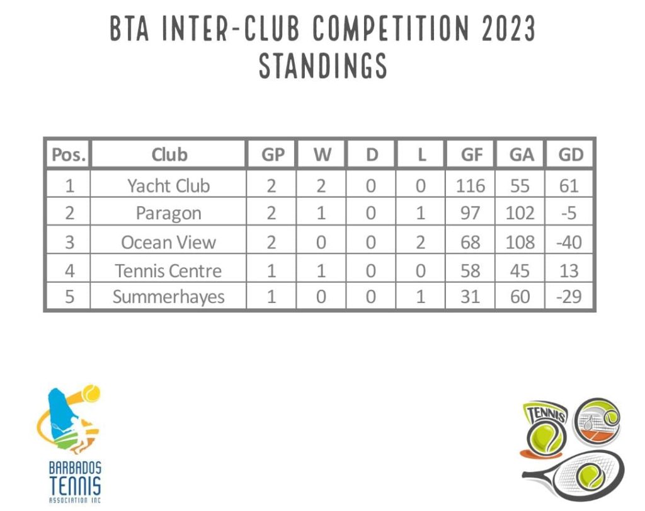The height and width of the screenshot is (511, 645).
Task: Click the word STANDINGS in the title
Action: tap(323, 66)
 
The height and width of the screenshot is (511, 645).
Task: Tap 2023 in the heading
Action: tap(508, 28)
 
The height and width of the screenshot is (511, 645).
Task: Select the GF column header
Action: tap(471, 155)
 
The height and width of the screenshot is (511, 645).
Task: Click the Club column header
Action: tap(169, 155)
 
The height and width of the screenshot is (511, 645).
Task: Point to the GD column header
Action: tap(571, 155)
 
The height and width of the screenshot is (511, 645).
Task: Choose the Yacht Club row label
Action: tap(169, 185)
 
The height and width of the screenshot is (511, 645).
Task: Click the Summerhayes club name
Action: tap(169, 297)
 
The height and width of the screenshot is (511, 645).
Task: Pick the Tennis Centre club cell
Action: tap(168, 271)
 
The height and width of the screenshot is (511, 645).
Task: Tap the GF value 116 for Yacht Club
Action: tap(470, 186)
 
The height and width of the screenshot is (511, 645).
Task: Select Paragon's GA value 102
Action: tap(520, 213)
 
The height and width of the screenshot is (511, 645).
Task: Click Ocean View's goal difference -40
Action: tap(569, 243)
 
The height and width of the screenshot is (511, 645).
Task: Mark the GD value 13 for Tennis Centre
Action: tap(569, 271)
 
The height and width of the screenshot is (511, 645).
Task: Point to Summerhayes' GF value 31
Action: tap(470, 297)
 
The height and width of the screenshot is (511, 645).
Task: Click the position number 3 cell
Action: tap(69, 243)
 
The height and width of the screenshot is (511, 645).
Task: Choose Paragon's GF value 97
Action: tap(470, 213)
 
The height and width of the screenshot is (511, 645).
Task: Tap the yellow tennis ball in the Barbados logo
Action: tap(91, 393)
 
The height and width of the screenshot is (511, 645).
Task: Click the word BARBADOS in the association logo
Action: tap(75, 468)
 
